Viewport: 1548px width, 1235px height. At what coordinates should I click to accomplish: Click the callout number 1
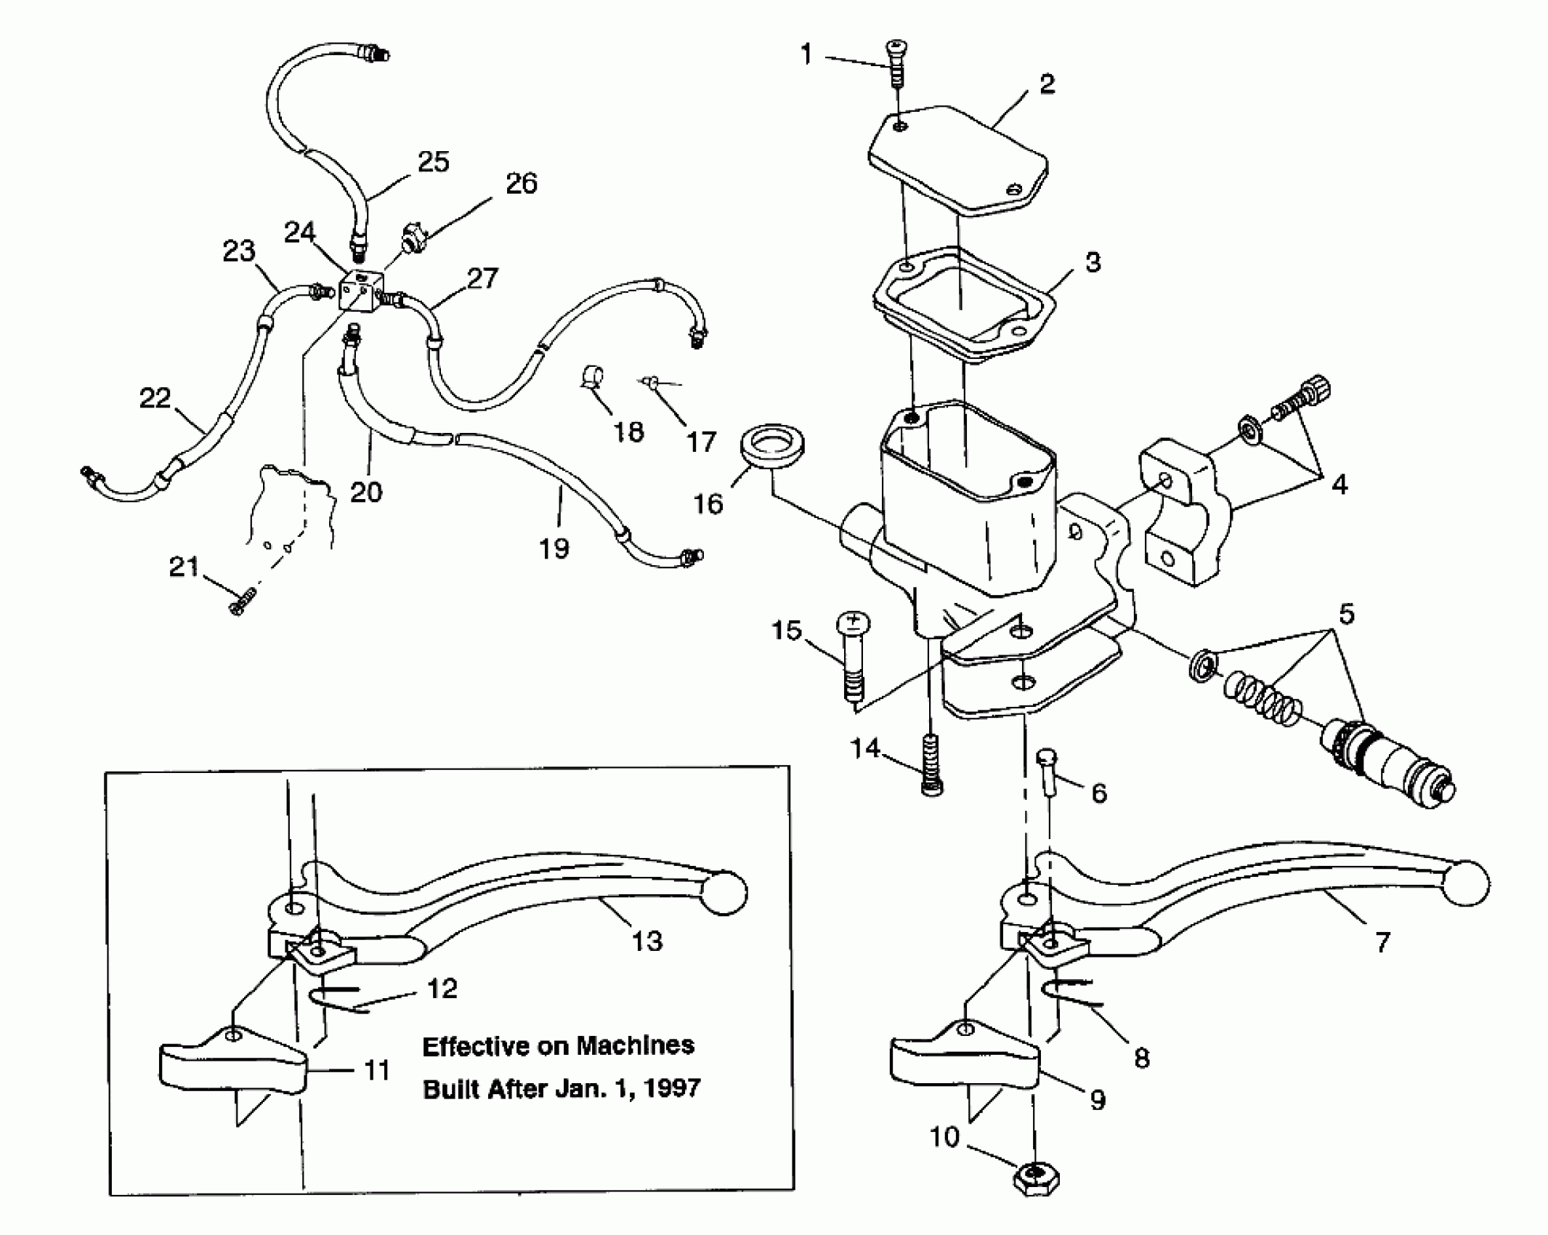coord(806,55)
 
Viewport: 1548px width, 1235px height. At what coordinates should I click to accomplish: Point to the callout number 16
coord(708,503)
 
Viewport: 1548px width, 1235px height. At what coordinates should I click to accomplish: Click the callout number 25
coord(434,162)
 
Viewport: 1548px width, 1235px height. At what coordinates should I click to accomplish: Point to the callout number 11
coord(377,1070)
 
